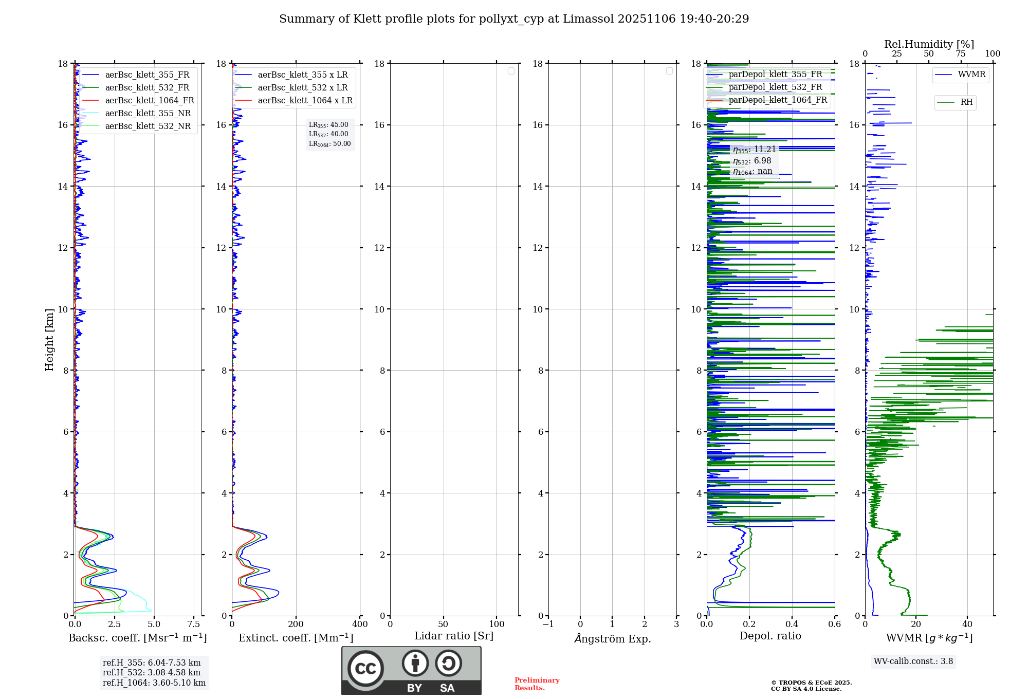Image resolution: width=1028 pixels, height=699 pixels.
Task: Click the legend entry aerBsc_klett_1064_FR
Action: (x=150, y=100)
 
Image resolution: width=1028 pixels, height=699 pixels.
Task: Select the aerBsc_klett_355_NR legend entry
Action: (x=148, y=113)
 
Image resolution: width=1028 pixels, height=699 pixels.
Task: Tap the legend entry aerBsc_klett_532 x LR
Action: (x=302, y=87)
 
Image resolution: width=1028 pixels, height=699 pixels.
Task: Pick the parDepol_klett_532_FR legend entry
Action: (x=775, y=87)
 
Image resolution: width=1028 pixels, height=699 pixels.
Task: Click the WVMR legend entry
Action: (x=971, y=75)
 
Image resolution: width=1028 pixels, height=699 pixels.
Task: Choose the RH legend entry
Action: (x=966, y=102)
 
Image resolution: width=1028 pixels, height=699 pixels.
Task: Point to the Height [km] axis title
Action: (x=49, y=339)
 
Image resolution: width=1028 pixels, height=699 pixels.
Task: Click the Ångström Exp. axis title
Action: (x=612, y=638)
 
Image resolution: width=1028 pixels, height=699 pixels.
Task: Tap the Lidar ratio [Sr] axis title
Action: (x=453, y=636)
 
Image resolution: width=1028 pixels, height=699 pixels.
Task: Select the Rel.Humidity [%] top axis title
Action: (x=929, y=44)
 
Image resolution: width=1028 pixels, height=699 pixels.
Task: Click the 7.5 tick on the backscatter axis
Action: (x=193, y=624)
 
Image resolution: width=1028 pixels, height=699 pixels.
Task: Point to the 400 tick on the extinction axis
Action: (x=360, y=624)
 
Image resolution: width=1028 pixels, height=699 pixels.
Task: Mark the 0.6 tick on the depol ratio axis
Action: (x=834, y=624)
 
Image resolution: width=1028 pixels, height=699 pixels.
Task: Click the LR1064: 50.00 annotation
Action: (x=329, y=144)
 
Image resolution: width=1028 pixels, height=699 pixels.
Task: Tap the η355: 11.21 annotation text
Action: (x=754, y=150)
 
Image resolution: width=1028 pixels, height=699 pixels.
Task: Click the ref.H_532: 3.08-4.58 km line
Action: (x=151, y=672)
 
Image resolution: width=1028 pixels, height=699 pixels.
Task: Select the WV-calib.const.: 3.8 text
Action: (x=913, y=661)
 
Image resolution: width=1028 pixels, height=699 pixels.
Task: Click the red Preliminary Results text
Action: (x=537, y=684)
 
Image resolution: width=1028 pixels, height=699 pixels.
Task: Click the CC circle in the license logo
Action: (x=365, y=668)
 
